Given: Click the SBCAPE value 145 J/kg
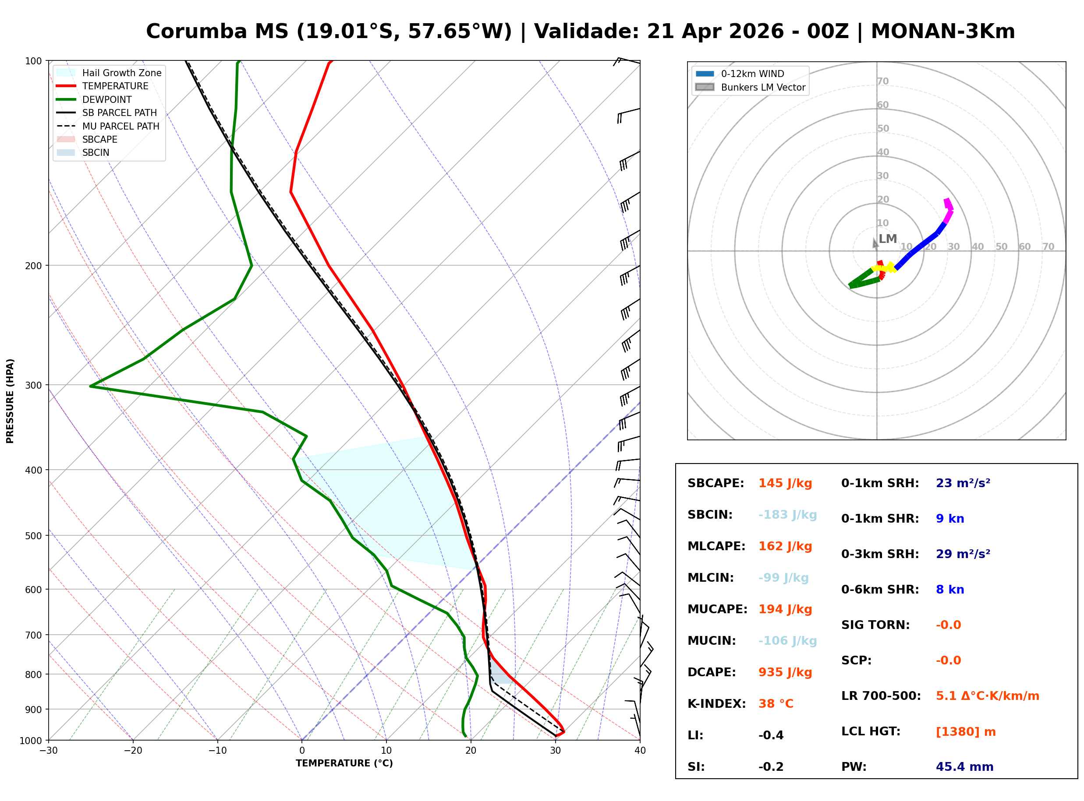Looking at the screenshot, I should pos(785,483).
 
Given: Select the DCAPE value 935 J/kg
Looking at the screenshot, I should pos(785,672).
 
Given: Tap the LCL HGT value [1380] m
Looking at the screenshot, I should pos(965,732).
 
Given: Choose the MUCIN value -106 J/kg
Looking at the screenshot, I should pos(787,641).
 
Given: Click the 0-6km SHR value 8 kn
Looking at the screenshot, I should pos(949,590).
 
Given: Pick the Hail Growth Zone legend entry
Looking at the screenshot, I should pos(121,73).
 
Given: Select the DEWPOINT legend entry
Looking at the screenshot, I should pos(107,99).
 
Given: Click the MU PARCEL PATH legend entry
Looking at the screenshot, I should pos(120,126).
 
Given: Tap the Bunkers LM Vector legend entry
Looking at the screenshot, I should pos(762,87).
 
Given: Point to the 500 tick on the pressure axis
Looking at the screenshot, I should pos(33,536).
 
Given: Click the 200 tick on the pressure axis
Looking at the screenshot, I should pos(33,266).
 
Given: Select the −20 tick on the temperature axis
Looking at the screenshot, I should pos(132,751).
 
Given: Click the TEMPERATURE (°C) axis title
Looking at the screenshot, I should pos(344,763).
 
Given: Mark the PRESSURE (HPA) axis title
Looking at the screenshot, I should pos(10,401).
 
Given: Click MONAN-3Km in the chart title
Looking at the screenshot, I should pos(942,32).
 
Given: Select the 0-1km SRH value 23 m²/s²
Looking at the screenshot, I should pos(963,483).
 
